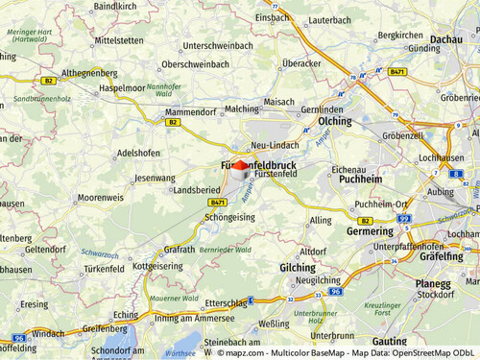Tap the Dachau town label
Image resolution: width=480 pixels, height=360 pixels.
[445, 39]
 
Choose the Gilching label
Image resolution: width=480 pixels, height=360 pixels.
[297, 267]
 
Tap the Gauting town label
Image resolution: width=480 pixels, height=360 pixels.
[389, 342]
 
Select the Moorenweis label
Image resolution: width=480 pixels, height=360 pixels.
[101, 197]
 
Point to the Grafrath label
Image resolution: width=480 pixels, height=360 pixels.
[180, 249]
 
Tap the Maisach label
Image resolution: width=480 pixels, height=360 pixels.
[278, 101]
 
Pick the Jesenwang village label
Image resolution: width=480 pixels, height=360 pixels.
[156, 179]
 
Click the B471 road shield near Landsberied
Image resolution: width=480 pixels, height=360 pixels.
[219, 204]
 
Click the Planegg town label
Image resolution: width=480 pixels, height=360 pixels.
[432, 284]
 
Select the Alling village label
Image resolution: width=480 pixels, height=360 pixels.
[321, 221]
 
